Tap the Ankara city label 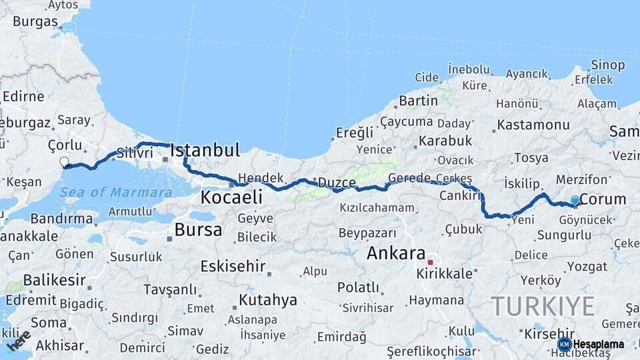coord(396,253)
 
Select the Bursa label coord(198,231)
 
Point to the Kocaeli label coord(231,197)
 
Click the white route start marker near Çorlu coord(65,161)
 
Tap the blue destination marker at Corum coord(575,201)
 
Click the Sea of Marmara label coord(116,193)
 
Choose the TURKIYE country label coord(543,307)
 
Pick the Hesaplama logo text coord(597,344)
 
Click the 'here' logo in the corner coord(19,341)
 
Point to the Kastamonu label coord(533,125)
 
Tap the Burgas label coord(35,21)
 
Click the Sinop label coord(607,65)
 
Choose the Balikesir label coord(55,280)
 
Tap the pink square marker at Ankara coord(431,262)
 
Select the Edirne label coord(23,96)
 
